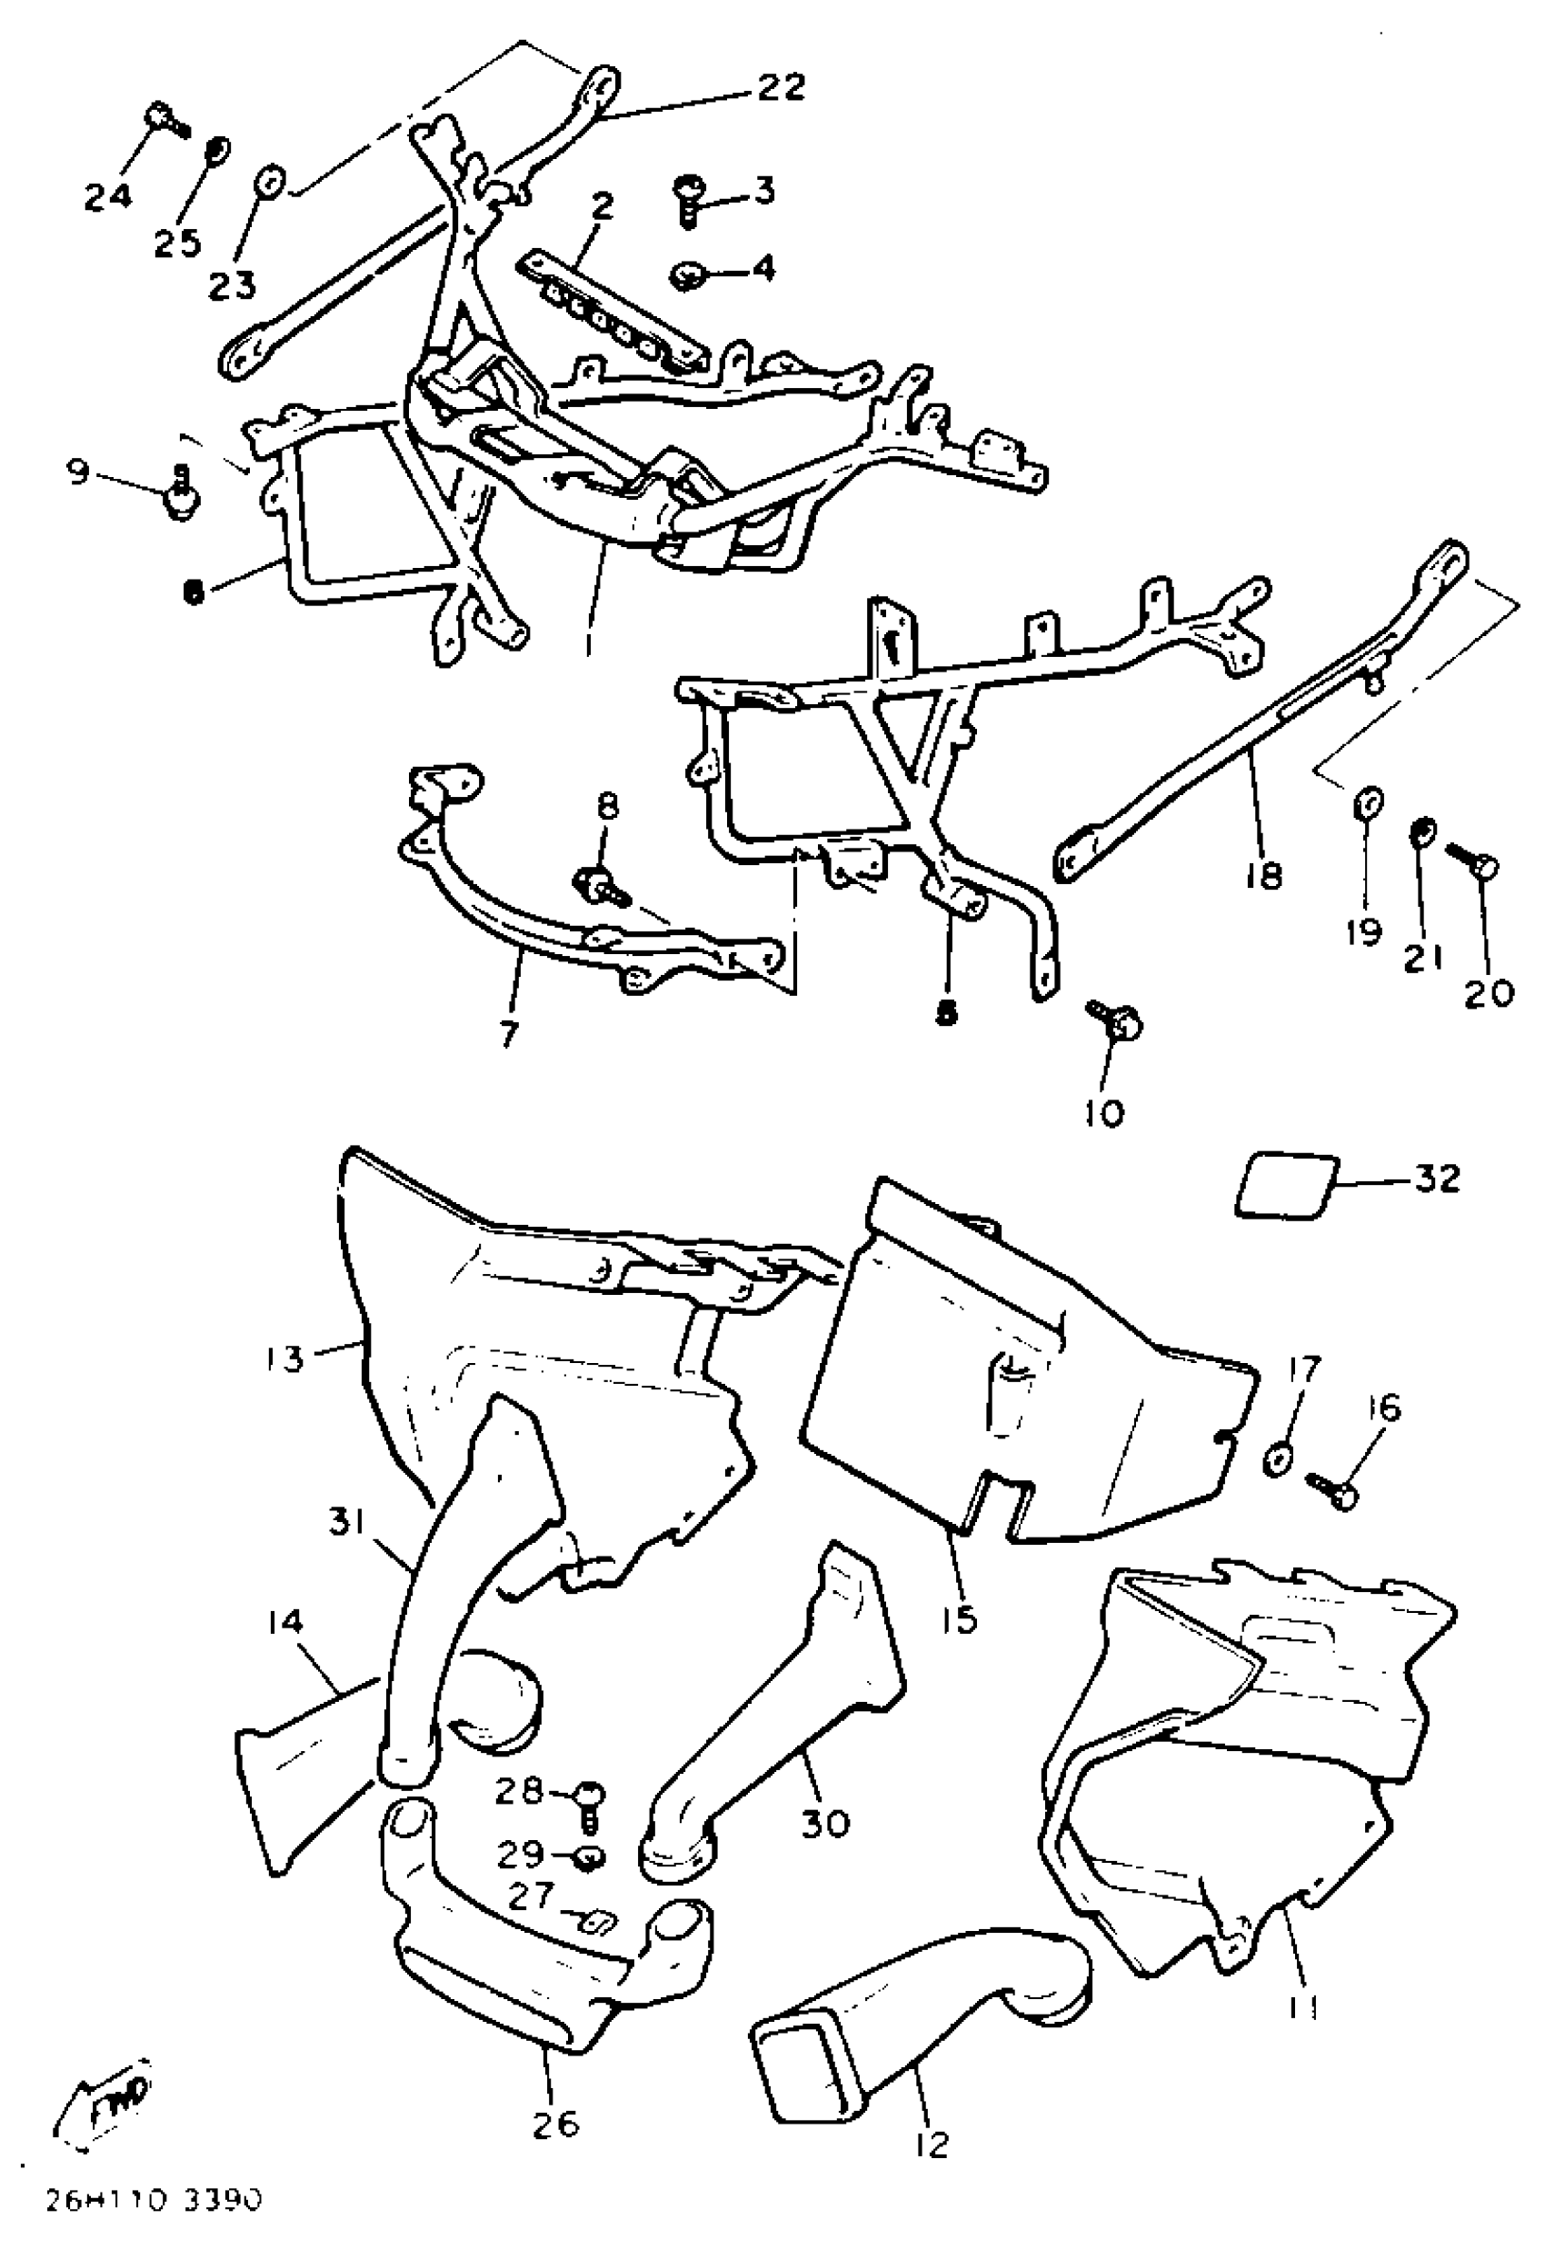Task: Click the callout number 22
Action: (781, 87)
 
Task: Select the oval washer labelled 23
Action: (268, 181)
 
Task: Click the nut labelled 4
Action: (687, 276)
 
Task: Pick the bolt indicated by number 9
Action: (180, 495)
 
